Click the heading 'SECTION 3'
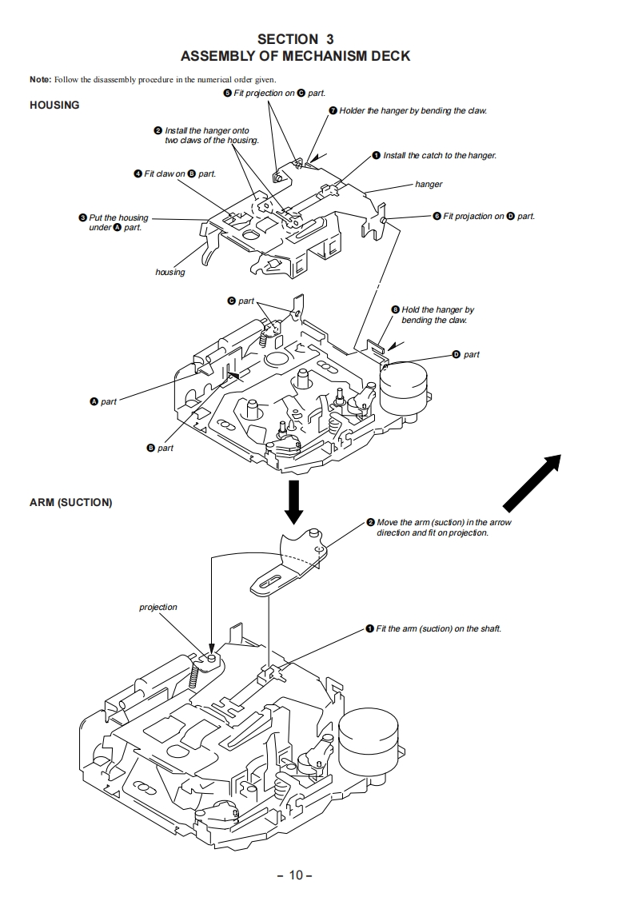[x=295, y=39]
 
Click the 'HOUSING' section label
[x=54, y=105]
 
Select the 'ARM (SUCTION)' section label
[x=70, y=503]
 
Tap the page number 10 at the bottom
[x=295, y=875]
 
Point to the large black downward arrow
[x=294, y=501]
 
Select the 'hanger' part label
[x=429, y=184]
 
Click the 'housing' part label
[x=169, y=273]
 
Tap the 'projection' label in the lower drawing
[x=158, y=607]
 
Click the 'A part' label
[x=103, y=401]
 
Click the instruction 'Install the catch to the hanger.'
[x=439, y=155]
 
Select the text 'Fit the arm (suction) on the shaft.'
[x=438, y=628]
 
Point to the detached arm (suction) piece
[x=293, y=564]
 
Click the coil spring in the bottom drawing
[x=193, y=679]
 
